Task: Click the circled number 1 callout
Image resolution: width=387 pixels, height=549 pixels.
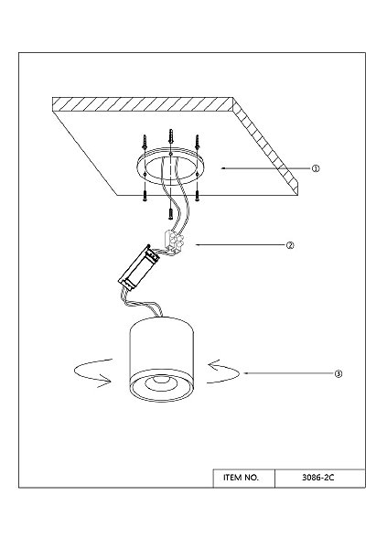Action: click(316, 168)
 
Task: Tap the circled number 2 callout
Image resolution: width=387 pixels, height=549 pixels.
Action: click(290, 245)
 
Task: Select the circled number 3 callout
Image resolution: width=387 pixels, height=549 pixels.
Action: click(338, 373)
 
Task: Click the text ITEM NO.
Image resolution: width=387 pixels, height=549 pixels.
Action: click(241, 478)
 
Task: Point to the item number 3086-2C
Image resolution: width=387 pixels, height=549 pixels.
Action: click(318, 478)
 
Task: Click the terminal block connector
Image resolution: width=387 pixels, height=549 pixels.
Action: click(174, 242)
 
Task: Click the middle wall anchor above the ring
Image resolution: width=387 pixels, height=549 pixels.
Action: click(170, 136)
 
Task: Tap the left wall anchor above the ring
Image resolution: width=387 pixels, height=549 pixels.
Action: click(144, 142)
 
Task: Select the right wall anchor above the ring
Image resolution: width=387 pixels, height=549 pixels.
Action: click(197, 142)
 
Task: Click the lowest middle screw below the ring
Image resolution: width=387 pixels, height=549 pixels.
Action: click(170, 213)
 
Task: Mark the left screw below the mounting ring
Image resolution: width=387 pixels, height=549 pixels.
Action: click(145, 196)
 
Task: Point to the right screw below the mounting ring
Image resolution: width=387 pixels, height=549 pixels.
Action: click(198, 196)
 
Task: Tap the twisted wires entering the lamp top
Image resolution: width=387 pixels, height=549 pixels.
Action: click(141, 304)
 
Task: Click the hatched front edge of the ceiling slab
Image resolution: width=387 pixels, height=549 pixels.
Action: click(143, 104)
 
